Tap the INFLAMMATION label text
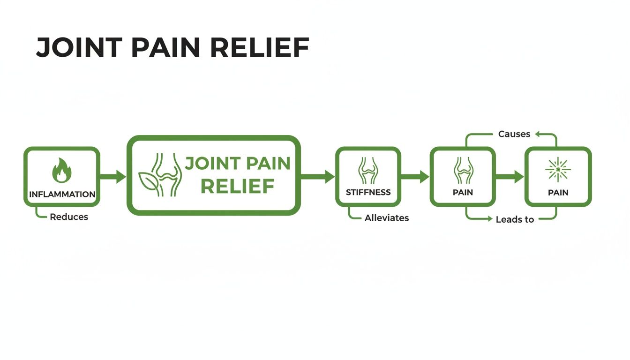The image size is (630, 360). [x=62, y=194]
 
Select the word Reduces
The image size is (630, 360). [x=69, y=217]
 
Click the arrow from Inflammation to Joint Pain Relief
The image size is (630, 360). [x=113, y=177]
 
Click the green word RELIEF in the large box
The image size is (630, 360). [x=237, y=187]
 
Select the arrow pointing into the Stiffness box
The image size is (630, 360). [x=318, y=177]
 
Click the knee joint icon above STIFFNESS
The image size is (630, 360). [x=368, y=170]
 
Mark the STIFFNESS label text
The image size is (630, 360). [x=368, y=192]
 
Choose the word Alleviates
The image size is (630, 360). [x=387, y=218]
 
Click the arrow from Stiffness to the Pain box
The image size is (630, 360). [x=415, y=177]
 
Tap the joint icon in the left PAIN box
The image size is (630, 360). [x=463, y=170]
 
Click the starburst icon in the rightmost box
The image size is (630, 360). [x=558, y=169]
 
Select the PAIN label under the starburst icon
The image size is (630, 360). [x=558, y=192]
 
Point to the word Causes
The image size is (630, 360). [x=514, y=134]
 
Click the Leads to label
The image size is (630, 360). [x=515, y=219]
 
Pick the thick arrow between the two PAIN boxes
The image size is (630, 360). [x=510, y=177]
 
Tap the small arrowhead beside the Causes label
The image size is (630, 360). [x=538, y=134]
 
